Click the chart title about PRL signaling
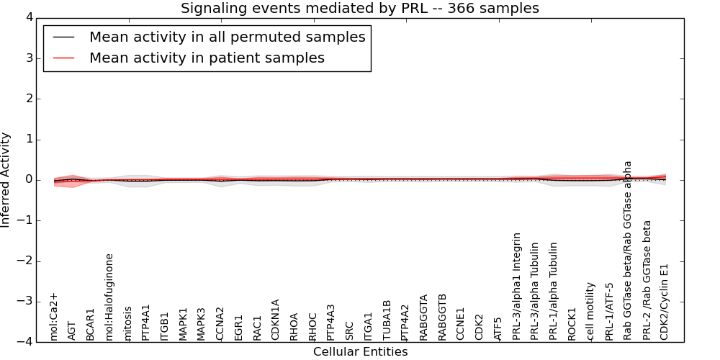[359, 9]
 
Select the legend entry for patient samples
[207, 58]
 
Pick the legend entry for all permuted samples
[227, 37]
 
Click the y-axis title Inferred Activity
[6, 180]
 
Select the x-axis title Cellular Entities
[360, 352]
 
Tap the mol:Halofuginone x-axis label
[109, 297]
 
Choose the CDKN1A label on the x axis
[276, 319]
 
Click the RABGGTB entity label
[443, 317]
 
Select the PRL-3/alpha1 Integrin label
[517, 286]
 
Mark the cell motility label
[591, 311]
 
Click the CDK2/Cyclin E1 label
[665, 302]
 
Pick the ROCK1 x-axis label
[572, 324]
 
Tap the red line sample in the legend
[64, 58]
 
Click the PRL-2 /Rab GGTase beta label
[647, 280]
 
